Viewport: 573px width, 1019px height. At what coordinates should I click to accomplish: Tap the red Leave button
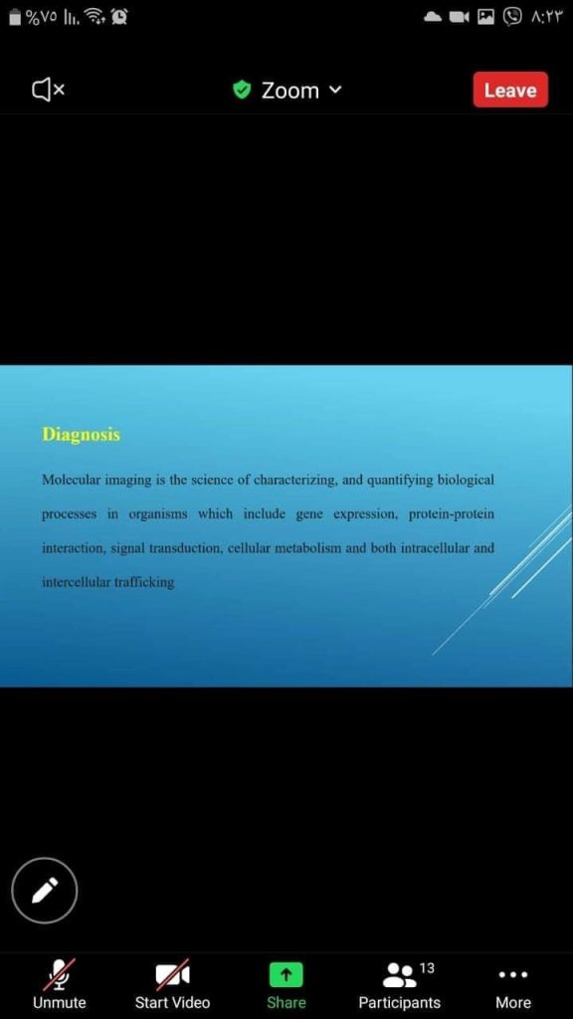(x=510, y=90)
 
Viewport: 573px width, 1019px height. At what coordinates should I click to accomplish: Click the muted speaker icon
(x=48, y=90)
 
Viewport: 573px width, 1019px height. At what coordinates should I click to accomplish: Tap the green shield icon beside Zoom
(x=242, y=90)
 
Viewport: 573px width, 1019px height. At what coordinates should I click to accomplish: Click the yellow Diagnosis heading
(x=82, y=434)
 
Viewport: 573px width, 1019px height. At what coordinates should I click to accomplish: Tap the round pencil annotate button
(x=44, y=890)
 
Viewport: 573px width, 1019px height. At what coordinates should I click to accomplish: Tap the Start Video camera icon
(x=172, y=974)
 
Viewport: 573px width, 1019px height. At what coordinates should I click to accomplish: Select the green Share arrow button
(x=286, y=974)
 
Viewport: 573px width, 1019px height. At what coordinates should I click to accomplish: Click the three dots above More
(x=513, y=975)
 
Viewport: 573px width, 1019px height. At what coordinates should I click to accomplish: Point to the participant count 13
(x=427, y=968)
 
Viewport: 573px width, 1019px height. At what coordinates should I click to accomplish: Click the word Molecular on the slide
(x=71, y=481)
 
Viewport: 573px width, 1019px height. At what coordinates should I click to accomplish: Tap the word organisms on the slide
(x=158, y=514)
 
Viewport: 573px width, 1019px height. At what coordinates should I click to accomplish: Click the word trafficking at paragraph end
(x=144, y=582)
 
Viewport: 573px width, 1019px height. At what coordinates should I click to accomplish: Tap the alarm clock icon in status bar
(x=119, y=17)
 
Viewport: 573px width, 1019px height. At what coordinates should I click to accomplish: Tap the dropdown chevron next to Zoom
(x=334, y=90)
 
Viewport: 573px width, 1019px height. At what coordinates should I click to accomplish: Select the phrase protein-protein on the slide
(x=452, y=514)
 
